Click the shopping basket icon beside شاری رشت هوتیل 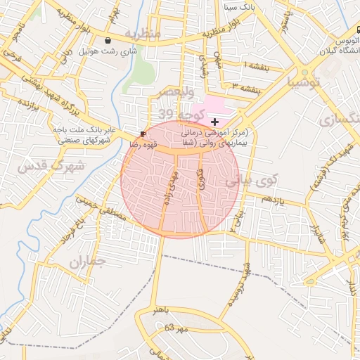pos(107,41)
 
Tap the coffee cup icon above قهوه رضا pos(143,133)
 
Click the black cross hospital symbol pos(214,122)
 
